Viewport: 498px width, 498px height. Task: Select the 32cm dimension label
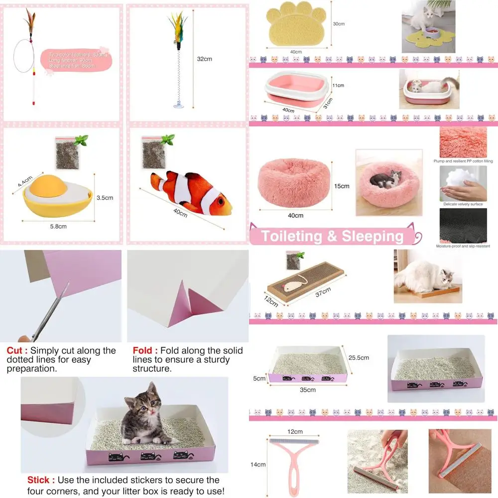pos(204,59)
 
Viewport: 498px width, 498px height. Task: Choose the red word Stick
pos(38,480)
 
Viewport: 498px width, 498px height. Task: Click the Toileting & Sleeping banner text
pos(332,236)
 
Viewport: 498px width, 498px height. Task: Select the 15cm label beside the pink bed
pos(342,186)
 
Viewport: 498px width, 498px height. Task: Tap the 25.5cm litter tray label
pos(359,358)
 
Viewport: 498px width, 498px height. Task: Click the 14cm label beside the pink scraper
pos(257,465)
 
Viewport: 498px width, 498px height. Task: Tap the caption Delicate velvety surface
pos(463,204)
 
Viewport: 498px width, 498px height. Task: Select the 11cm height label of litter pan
pos(339,86)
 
